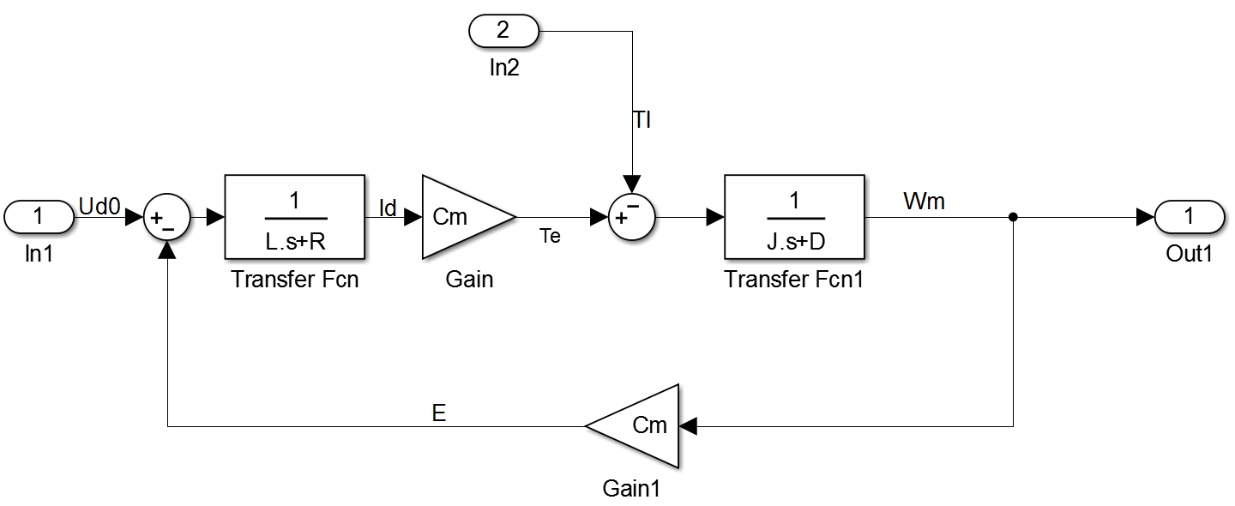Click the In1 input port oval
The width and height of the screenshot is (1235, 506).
(x=39, y=217)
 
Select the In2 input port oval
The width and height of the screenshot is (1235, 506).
(x=503, y=31)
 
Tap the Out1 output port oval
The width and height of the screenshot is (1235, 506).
(x=1190, y=217)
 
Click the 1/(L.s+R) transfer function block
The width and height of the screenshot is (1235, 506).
(x=294, y=217)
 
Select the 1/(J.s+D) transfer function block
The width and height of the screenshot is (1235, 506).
(x=794, y=217)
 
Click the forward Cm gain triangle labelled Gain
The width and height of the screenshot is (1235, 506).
(x=463, y=217)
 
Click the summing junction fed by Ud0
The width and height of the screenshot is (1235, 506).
(x=167, y=217)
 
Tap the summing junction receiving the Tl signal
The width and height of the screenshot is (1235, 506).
(x=632, y=217)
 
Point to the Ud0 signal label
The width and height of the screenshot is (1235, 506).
(x=99, y=206)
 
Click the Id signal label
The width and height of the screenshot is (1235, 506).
(x=388, y=208)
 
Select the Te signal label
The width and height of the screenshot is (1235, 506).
(x=550, y=236)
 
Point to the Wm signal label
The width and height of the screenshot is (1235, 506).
(x=924, y=202)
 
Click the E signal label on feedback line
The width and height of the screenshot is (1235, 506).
(x=439, y=413)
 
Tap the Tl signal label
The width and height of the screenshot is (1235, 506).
(x=642, y=119)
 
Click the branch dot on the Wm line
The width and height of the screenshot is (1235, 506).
(x=1013, y=217)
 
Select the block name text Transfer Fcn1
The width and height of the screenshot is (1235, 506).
(x=793, y=279)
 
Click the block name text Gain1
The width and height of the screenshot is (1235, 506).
(x=631, y=488)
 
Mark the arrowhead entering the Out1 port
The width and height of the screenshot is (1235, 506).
(x=1145, y=217)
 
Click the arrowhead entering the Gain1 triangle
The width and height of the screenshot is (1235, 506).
(x=688, y=426)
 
